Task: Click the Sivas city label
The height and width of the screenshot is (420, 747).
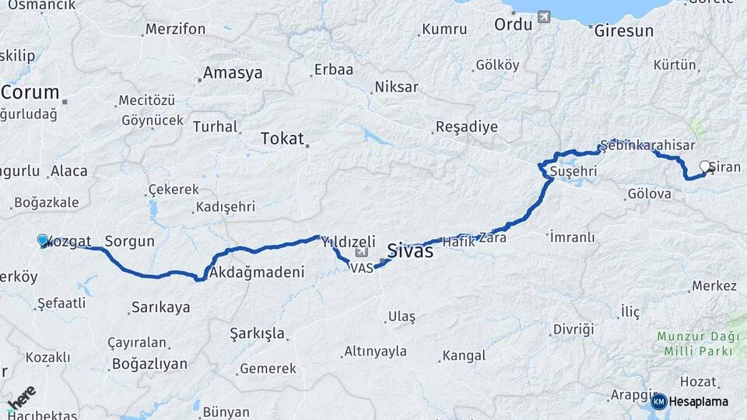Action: tap(410, 250)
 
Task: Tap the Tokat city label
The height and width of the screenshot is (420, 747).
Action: tap(281, 138)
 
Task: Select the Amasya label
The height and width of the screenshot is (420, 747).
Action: tap(232, 74)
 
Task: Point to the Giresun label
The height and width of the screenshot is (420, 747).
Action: tap(623, 32)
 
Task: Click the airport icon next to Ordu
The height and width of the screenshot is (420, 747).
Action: tap(543, 16)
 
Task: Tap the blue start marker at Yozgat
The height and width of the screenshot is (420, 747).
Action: tap(43, 241)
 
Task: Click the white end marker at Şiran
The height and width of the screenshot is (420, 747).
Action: tap(705, 166)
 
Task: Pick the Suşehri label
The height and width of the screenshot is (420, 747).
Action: tap(573, 170)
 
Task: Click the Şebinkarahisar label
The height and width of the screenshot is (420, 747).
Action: tap(647, 146)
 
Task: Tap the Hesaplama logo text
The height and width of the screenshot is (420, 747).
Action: tap(698, 402)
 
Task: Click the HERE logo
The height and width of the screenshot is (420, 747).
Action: tap(20, 398)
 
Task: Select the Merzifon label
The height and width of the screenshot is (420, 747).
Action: tap(175, 30)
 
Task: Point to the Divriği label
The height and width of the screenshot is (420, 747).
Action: tap(573, 329)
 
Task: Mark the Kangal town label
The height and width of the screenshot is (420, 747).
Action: tap(464, 356)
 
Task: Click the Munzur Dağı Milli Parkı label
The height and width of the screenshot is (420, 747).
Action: tap(695, 344)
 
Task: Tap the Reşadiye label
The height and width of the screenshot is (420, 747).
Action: tap(466, 127)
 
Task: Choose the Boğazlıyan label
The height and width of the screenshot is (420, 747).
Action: tap(150, 363)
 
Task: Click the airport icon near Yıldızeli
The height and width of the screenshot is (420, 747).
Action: tap(360, 252)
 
